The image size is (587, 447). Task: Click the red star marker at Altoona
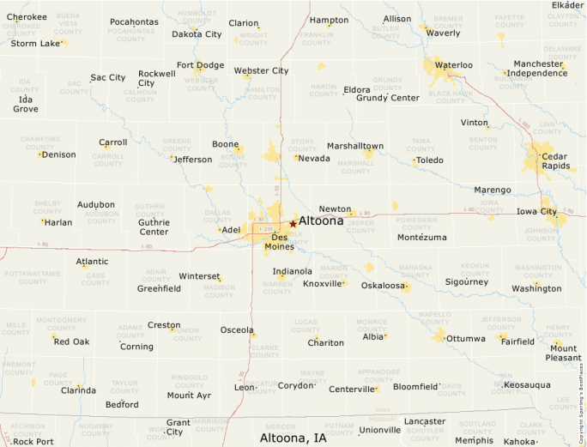[x=293, y=223]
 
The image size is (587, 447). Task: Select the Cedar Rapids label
[x=554, y=160]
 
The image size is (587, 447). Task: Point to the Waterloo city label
[x=453, y=65]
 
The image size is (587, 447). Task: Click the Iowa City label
[x=536, y=211]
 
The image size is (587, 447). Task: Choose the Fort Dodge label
[x=200, y=65]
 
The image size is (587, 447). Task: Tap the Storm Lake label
[x=36, y=43]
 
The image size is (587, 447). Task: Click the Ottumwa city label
[x=466, y=338]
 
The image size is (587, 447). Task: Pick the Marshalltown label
[x=354, y=146]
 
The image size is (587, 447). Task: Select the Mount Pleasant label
[x=563, y=353]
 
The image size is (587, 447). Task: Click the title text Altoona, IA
[x=293, y=438]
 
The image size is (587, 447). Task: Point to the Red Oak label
[x=71, y=341]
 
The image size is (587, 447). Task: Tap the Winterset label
[x=199, y=276]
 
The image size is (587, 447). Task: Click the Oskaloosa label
[x=383, y=286]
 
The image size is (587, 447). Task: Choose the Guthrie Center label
[x=154, y=227]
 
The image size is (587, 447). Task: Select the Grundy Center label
[x=388, y=98]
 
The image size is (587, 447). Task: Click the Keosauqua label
[x=527, y=384]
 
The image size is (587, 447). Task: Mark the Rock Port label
[x=33, y=442]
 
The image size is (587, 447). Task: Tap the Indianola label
[x=293, y=271]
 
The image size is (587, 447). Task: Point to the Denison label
[x=59, y=154]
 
